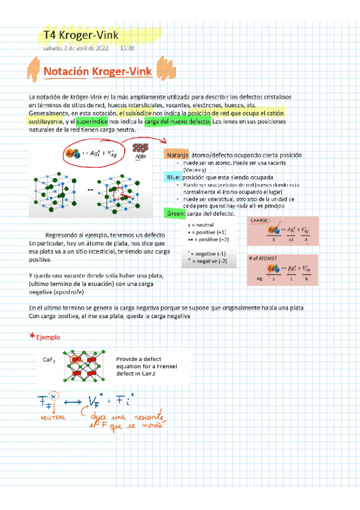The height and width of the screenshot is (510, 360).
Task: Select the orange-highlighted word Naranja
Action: [175, 155]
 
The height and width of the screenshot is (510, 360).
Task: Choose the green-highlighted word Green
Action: [175, 214]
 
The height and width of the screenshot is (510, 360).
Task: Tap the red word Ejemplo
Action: [49, 337]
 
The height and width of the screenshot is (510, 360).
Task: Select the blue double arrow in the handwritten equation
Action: [72, 402]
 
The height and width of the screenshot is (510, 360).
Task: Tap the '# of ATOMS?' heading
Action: [267, 259]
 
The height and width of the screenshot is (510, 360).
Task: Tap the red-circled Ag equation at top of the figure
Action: [91, 153]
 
